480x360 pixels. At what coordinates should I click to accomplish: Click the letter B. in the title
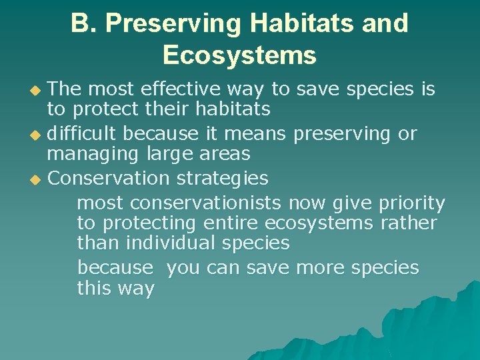click(84, 23)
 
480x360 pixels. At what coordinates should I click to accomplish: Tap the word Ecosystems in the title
click(240, 55)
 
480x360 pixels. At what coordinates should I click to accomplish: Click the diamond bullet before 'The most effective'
click(35, 91)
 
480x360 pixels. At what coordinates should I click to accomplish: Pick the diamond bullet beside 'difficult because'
click(35, 135)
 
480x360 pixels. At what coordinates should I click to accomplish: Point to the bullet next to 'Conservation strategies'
click(35, 180)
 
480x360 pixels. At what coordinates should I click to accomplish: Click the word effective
click(181, 89)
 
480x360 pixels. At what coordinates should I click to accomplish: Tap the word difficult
click(81, 133)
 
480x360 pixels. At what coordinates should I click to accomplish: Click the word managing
click(93, 155)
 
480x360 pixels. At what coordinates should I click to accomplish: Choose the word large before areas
click(169, 155)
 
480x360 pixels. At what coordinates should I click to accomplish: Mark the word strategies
click(223, 179)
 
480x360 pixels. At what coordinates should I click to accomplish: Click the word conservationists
click(205, 203)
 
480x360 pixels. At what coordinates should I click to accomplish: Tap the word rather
click(409, 223)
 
